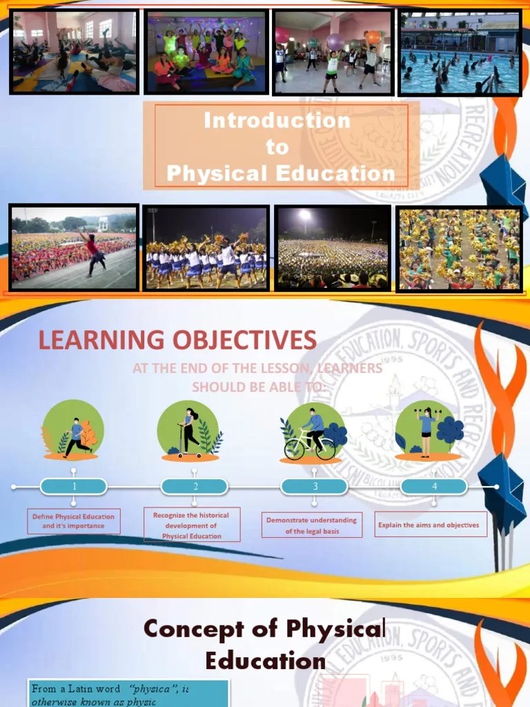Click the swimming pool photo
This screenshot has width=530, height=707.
pos(460,53)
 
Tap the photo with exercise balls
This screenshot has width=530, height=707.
pos(333,52)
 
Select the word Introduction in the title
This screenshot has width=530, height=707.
pos(277,121)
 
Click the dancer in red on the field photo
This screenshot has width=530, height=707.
pos(94,253)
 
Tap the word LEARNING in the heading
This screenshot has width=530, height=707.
pos(91,340)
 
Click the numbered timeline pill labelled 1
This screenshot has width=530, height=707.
pos(75,487)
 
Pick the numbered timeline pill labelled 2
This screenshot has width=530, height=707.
pos(195,487)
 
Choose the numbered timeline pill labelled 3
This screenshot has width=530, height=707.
pos(315,487)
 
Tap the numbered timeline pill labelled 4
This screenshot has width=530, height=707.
pos(434,487)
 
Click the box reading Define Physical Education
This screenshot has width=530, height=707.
pos(74,521)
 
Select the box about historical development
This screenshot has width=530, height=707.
pos(192,525)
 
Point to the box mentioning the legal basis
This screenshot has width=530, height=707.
pos(312,525)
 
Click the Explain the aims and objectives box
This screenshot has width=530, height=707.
pos(429,525)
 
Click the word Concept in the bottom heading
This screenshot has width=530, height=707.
pos(194,629)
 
